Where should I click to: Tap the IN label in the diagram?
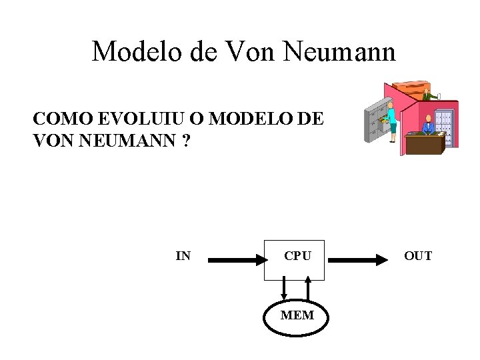(183, 256)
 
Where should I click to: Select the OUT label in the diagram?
(418, 256)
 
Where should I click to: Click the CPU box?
(295, 259)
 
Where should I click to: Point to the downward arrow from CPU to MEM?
(285, 289)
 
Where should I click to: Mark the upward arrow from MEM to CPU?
(308, 289)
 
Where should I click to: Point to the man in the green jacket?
(427, 95)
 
